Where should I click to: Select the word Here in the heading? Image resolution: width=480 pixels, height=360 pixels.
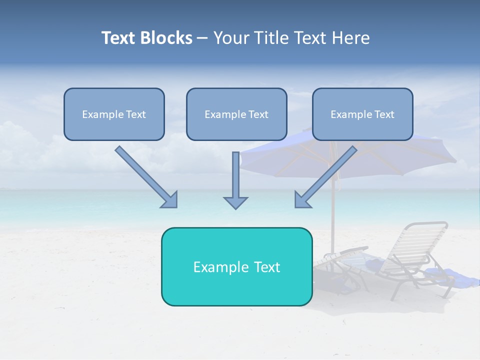350,38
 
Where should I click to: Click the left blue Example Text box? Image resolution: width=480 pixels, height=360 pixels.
114,114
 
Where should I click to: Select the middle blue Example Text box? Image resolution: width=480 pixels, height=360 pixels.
236,114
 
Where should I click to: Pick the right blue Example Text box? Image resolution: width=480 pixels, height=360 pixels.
362,114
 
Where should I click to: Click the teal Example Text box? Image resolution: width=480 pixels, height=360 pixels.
236,266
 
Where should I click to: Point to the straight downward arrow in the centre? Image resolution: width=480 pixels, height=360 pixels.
235,177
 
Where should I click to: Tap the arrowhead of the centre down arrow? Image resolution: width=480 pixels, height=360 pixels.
235,202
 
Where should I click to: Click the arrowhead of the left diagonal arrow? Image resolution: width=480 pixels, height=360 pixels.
170,200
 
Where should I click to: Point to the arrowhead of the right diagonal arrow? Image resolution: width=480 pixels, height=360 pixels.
301,200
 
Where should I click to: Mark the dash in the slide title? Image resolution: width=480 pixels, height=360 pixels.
202,38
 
